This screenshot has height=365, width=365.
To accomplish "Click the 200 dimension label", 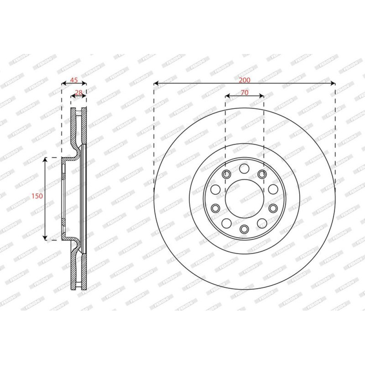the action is [245, 80].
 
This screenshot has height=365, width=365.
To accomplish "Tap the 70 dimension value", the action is [245, 93].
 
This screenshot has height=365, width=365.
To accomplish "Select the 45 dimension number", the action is [74, 80].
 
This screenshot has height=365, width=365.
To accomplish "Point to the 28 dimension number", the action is [79, 93].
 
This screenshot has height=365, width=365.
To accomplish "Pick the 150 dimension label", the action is [37, 196].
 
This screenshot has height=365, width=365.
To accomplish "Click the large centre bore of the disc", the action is [245, 199].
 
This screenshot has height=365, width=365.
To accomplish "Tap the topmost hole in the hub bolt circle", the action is [244, 168].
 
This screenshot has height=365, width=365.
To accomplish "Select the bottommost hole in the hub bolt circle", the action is [244, 229].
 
